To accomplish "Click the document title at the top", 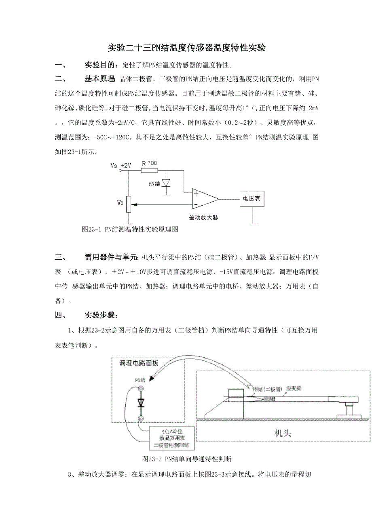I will [x=186, y=48].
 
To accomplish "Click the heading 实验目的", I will [x=101, y=65].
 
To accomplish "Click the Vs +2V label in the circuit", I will [x=120, y=165].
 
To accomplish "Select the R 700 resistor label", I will [x=149, y=163].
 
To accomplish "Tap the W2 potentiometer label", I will [x=120, y=202].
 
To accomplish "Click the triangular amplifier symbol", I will [x=204, y=199].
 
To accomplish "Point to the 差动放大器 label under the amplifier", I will [x=203, y=217].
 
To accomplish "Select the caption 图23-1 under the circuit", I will [x=130, y=229].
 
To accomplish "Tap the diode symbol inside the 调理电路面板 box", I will [x=141, y=403].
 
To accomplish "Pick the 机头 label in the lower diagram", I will [x=283, y=434].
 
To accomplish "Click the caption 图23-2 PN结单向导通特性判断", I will [x=187, y=459].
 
